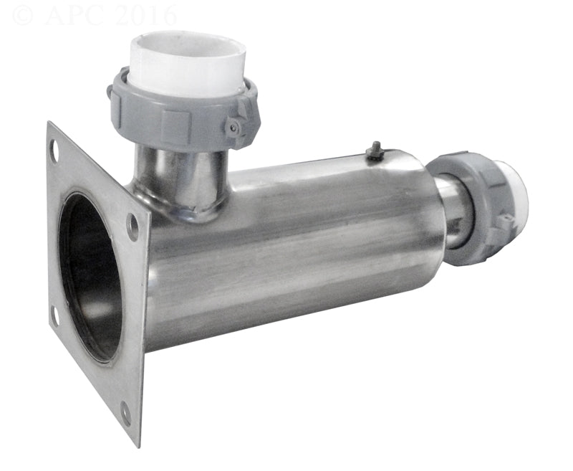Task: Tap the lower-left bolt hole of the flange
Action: (x=54, y=315)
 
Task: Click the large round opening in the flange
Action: (x=91, y=276)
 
